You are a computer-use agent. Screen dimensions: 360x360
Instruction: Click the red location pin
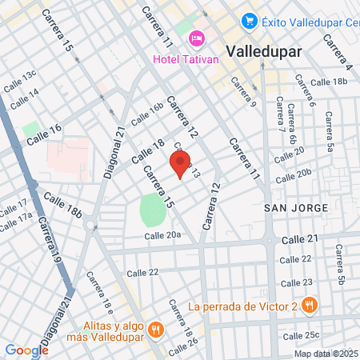coord(180,164)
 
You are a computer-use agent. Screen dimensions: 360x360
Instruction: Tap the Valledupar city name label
coord(263,51)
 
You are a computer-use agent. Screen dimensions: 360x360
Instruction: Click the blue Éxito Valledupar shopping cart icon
coord(250,21)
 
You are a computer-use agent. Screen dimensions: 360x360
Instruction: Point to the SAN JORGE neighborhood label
coord(296,208)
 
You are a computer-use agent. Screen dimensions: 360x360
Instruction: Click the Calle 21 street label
coord(300,239)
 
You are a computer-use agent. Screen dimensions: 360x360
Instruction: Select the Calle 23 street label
coord(296,282)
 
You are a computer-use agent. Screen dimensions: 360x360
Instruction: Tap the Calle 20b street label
coord(292,173)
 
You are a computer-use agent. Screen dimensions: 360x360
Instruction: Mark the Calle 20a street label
coord(162,235)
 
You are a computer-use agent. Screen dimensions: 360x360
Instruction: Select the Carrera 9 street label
coord(242,92)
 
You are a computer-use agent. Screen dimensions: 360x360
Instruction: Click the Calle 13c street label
coord(19,78)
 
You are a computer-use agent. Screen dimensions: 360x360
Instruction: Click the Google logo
coord(26,350)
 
